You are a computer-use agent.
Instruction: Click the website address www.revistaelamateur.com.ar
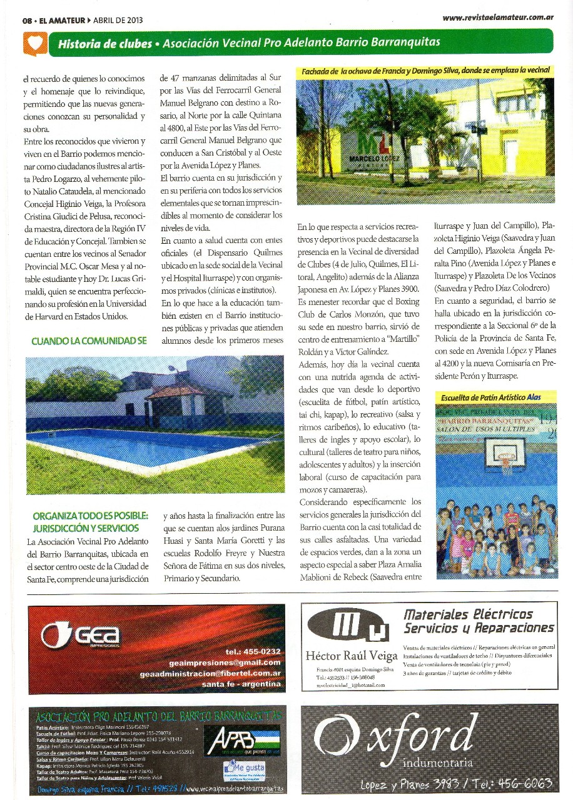(498, 17)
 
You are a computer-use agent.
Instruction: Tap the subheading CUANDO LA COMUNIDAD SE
(89, 341)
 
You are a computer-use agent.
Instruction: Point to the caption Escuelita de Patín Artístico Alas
(490, 397)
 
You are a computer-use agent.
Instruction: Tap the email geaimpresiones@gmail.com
(225, 662)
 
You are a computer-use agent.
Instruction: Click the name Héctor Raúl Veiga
(352, 656)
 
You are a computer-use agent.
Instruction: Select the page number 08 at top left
(27, 20)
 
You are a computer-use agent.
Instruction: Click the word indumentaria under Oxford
(438, 762)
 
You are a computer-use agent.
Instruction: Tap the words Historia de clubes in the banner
(104, 44)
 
